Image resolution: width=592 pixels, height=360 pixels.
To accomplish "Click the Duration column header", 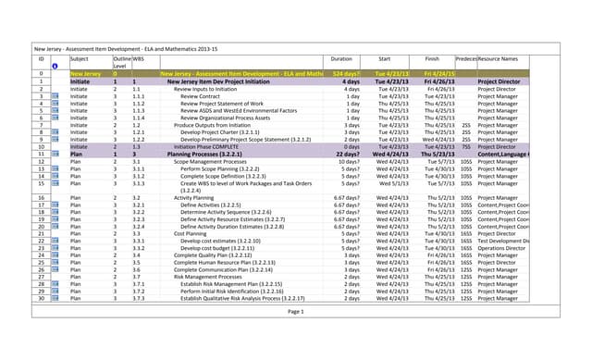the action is pos(341,58).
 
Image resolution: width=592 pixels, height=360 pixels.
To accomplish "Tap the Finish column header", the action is pos(431,58).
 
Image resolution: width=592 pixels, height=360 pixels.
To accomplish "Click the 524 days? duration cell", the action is pos(346,73).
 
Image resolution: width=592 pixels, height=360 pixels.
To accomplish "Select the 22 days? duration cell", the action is pos(347,154).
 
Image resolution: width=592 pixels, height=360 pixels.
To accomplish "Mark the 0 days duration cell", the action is pos(351,146).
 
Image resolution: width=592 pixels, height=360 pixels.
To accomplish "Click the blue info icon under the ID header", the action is pos(55,66).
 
